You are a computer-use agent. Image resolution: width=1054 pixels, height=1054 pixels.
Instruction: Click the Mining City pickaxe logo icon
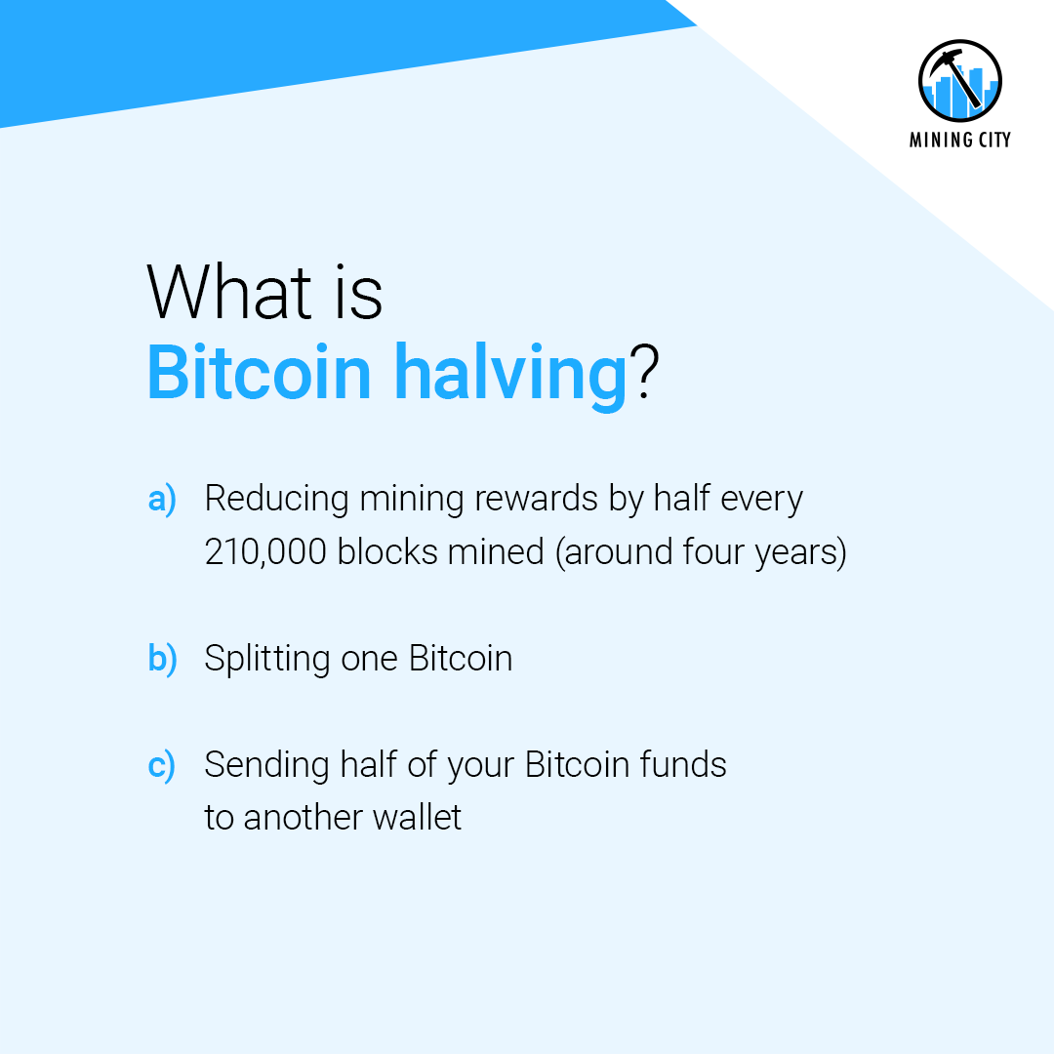[x=960, y=82]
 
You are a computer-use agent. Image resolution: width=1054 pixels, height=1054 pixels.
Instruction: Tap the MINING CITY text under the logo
[x=960, y=140]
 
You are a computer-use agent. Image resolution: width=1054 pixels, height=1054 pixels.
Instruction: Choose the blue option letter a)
[x=162, y=500]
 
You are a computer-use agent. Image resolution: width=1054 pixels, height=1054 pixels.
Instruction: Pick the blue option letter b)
[x=162, y=659]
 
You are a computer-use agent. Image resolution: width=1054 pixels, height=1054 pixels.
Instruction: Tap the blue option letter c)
[x=162, y=765]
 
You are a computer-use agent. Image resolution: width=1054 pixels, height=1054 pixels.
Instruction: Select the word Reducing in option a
[x=276, y=500]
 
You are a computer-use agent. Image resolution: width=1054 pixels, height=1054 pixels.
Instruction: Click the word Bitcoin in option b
[x=461, y=659]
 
